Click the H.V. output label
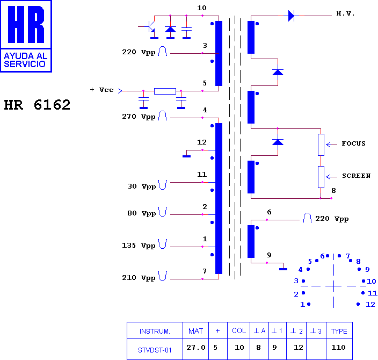click(345, 14)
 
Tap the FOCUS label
click(353, 143)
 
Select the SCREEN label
click(357, 176)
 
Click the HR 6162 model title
click(37, 105)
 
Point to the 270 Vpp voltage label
click(139, 117)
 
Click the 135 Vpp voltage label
click(139, 246)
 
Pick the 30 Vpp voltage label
click(142, 186)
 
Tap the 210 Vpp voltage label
click(139, 278)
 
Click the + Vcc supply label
click(101, 90)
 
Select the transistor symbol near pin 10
click(150, 26)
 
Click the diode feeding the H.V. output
click(291, 16)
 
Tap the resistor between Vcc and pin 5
click(165, 91)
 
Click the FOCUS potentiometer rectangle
click(321, 145)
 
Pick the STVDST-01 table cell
click(155, 350)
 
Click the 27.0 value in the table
click(196, 348)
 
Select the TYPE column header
click(339, 332)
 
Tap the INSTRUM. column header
click(155, 332)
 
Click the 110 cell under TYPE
click(338, 348)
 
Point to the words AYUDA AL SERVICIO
click(26, 60)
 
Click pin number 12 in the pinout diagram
click(370, 305)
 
